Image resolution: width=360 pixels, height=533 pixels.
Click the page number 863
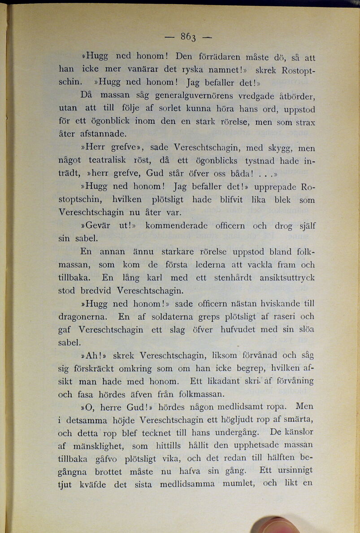pyautogui.click(x=188, y=37)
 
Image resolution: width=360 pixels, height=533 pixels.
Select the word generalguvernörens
pyautogui.click(x=192, y=96)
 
